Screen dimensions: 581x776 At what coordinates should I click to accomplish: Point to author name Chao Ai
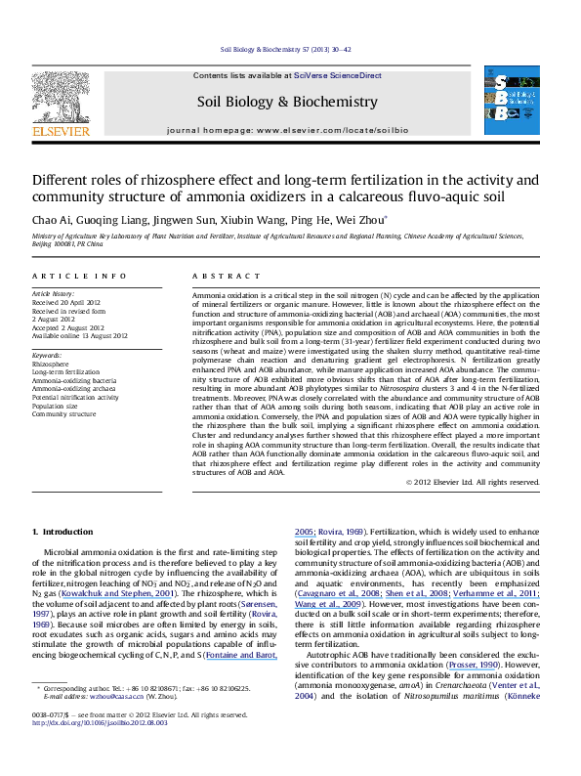[x=51, y=220]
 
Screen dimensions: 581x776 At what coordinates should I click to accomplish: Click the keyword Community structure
[x=62, y=414]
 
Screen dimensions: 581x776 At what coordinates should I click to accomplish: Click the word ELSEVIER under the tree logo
[x=61, y=127]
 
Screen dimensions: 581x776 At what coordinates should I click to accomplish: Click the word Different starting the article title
[x=62, y=181]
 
